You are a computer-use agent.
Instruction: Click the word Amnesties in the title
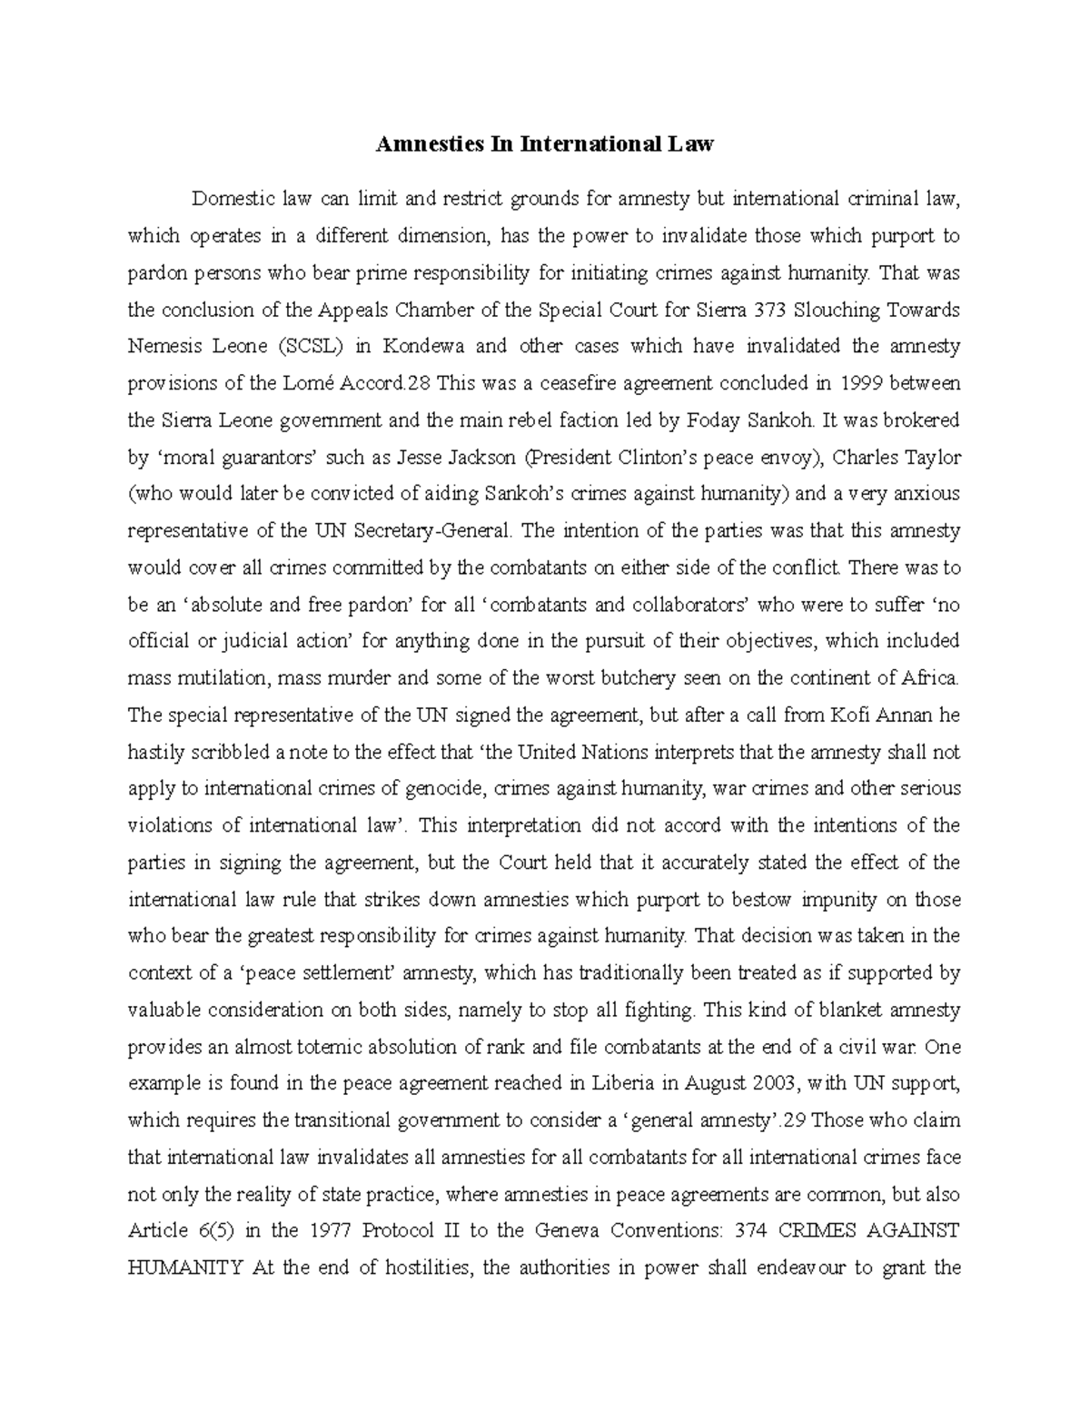[x=421, y=143]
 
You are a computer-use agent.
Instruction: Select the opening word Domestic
[x=231, y=199]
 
